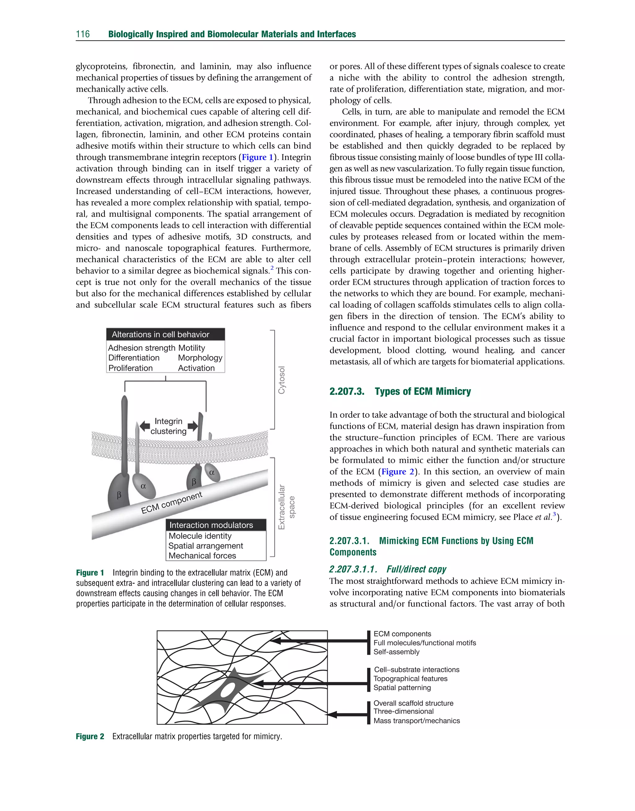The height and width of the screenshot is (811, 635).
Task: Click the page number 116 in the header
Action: pyautogui.click(x=82, y=34)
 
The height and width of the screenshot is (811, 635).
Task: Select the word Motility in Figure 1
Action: pyautogui.click(x=192, y=348)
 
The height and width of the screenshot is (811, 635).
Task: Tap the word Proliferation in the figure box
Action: pyautogui.click(x=131, y=368)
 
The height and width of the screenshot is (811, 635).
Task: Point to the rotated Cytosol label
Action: pyautogui.click(x=282, y=380)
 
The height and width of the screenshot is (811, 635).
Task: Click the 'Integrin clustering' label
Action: pyautogui.click(x=168, y=426)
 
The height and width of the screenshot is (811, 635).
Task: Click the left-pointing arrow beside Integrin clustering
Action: pyautogui.click(x=144, y=426)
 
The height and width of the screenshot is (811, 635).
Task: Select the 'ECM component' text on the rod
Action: pyautogui.click(x=172, y=503)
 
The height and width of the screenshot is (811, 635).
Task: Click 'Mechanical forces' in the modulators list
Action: pyautogui.click(x=202, y=555)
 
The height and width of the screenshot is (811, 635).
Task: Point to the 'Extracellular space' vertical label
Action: pyautogui.click(x=286, y=507)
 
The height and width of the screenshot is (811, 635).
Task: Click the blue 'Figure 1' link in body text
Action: pyautogui.click(x=257, y=157)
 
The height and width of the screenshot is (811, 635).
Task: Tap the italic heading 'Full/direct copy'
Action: pyautogui.click(x=416, y=569)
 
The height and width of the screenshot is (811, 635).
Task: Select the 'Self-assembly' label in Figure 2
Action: pyautogui.click(x=396, y=652)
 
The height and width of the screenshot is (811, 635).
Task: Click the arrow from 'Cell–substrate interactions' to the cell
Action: pyautogui.click(x=312, y=684)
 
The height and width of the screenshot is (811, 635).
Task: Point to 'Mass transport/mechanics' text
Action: pyautogui.click(x=416, y=721)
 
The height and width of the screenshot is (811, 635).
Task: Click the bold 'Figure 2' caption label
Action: pyautogui.click(x=90, y=736)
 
